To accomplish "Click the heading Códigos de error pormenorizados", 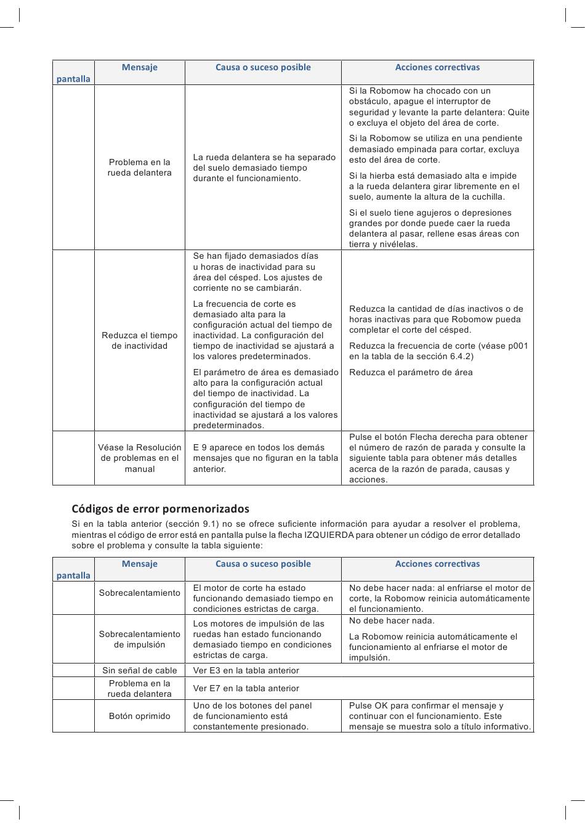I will click(x=160, y=509).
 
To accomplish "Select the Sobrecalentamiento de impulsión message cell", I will click(x=140, y=639).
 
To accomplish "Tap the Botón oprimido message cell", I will click(x=140, y=716).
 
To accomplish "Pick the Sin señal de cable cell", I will click(x=140, y=670).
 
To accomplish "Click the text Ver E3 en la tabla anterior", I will click(x=246, y=670).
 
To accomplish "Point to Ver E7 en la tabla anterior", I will click(x=246, y=688).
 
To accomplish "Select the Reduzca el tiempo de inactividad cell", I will click(x=140, y=341).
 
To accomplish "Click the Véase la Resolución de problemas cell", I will click(x=140, y=458).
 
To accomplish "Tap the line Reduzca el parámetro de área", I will click(x=411, y=372).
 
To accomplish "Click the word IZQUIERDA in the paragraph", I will click(x=329, y=535).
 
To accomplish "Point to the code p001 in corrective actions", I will click(x=516, y=346).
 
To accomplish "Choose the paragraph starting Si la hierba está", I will click(x=434, y=186).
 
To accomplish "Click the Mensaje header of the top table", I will click(x=140, y=67).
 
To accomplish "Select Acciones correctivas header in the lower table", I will click(x=437, y=564).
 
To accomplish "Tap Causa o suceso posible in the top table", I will click(x=263, y=67).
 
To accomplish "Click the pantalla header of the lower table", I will click(x=73, y=575).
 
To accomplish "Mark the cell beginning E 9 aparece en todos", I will click(x=265, y=458).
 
